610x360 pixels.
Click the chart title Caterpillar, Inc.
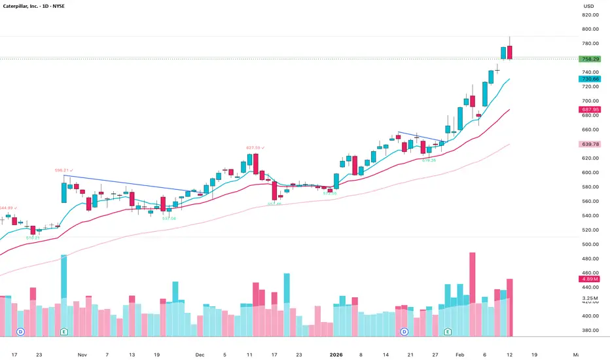[x=31, y=7]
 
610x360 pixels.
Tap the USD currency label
[x=588, y=7]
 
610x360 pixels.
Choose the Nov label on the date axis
[x=82, y=354]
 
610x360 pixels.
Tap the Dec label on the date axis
[x=200, y=354]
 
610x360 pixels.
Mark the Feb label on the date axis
[x=459, y=354]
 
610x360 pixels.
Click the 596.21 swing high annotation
[x=63, y=170]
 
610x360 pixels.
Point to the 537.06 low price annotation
[x=169, y=219]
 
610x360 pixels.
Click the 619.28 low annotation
[x=429, y=160]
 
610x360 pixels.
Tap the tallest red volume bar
[x=472, y=295]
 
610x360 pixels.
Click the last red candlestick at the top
[x=510, y=52]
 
